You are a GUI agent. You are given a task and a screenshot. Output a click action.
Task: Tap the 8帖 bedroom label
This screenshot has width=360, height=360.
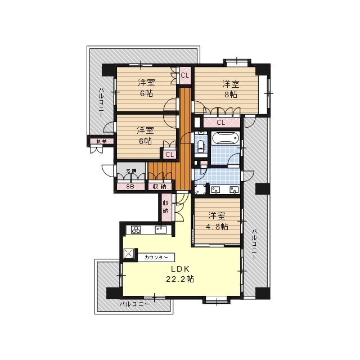[x=231, y=89]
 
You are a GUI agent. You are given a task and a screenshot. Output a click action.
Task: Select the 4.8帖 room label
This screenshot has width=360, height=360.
[x=217, y=221]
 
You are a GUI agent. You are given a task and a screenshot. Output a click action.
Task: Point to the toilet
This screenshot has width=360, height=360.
[x=201, y=147]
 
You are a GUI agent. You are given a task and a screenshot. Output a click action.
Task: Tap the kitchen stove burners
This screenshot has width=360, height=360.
[x=137, y=229]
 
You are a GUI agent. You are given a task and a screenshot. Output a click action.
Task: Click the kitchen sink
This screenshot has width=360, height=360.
[x=161, y=229]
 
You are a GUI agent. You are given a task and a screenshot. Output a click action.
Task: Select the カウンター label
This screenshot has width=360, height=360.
[x=156, y=257]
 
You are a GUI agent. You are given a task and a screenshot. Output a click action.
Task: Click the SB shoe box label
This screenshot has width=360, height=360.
[x=130, y=186]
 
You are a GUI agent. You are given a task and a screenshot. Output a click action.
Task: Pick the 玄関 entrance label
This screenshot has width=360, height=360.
[x=131, y=171]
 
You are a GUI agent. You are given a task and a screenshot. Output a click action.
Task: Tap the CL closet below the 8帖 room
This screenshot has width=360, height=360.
[x=220, y=123]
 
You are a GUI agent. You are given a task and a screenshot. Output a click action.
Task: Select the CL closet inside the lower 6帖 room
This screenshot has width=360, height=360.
[x=169, y=154]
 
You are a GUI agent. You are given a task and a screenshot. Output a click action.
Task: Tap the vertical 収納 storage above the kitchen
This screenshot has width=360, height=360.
[x=166, y=206]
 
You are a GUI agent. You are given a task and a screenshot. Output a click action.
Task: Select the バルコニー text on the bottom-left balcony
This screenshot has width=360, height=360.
[x=134, y=304]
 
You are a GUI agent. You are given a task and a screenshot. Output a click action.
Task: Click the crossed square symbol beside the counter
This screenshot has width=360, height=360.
[x=130, y=254]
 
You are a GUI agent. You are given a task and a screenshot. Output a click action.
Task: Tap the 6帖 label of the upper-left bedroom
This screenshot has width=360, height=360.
[x=145, y=88]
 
